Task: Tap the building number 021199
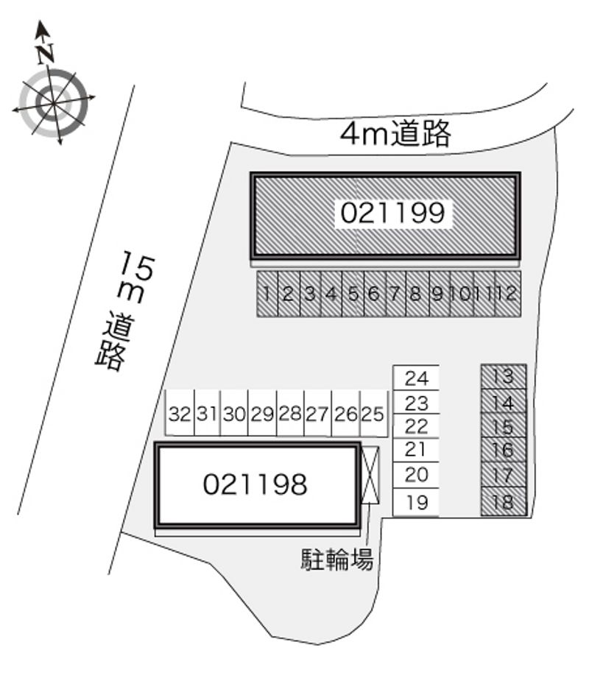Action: click(392, 213)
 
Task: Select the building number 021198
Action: click(255, 484)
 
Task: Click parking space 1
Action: click(267, 294)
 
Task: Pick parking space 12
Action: click(508, 294)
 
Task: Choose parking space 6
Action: click(375, 294)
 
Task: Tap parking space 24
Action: click(416, 378)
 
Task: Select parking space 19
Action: click(416, 502)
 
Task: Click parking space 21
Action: click(416, 450)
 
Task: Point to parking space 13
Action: click(504, 376)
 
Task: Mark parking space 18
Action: click(504, 501)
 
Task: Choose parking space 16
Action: click(504, 450)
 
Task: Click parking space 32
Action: click(180, 414)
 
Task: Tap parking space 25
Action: click(373, 414)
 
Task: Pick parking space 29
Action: click(262, 414)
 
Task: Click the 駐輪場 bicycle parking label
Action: click(337, 559)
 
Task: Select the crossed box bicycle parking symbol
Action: click(370, 475)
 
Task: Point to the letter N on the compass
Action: click(46, 52)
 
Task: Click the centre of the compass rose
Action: click(54, 103)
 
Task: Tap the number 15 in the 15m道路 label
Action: click(138, 266)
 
